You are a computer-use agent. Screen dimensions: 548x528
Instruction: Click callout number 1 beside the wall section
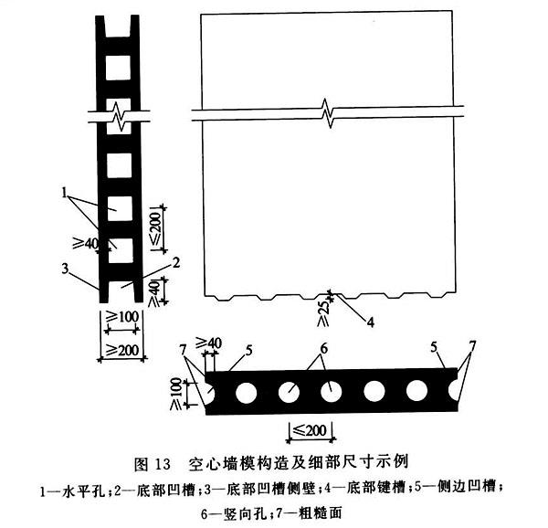[64, 192]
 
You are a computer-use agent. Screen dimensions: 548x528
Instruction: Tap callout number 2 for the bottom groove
[176, 262]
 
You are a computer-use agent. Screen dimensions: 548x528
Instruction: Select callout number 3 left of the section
[65, 269]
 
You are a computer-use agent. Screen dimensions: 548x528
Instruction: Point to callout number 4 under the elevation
[371, 322]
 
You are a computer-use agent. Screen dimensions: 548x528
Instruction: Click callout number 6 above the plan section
[324, 348]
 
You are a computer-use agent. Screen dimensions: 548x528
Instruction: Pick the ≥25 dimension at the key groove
[323, 313]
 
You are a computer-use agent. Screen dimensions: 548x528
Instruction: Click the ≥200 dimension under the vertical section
[122, 350]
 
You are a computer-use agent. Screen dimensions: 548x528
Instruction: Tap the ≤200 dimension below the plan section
[311, 430]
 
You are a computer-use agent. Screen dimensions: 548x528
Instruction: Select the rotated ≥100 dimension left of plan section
[175, 394]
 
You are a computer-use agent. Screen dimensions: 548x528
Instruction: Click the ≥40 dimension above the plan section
[208, 343]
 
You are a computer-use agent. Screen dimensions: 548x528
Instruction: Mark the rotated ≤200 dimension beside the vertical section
[156, 227]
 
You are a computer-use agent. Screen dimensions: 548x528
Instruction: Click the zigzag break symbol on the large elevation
[328, 113]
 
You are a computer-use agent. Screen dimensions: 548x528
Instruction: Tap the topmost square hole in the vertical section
[118, 67]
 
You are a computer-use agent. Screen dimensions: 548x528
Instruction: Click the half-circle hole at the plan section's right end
[453, 391]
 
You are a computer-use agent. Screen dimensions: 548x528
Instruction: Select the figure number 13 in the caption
[161, 464]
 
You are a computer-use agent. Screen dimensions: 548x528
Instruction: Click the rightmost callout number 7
[472, 346]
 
